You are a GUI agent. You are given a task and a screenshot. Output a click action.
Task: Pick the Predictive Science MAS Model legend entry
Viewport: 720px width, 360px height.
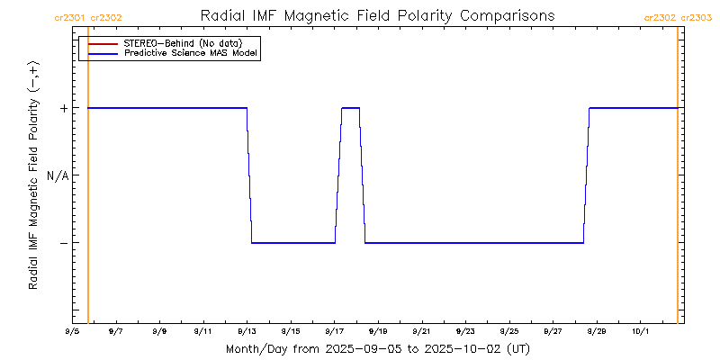(x=191, y=53)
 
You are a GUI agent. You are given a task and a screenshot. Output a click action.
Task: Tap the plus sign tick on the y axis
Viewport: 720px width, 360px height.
(x=63, y=108)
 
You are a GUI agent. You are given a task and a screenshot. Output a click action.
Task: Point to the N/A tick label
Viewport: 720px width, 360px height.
(x=58, y=175)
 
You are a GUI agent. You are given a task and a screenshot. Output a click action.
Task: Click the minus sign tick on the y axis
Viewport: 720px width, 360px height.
(x=63, y=243)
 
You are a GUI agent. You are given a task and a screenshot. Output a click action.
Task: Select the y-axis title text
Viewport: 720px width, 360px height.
(x=33, y=175)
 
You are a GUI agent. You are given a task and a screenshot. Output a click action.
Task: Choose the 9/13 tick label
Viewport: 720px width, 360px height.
(x=247, y=331)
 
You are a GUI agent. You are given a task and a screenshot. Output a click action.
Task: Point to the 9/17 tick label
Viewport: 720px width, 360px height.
(x=334, y=331)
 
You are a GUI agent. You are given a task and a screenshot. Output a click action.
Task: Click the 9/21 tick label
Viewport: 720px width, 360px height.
(x=421, y=331)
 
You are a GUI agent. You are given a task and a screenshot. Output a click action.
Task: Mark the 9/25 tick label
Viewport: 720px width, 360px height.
(x=508, y=331)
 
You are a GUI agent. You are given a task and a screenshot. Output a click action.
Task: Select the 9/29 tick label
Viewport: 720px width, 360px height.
(x=596, y=331)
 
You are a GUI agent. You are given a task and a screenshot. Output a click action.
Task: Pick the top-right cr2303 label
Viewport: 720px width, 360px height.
(x=697, y=16)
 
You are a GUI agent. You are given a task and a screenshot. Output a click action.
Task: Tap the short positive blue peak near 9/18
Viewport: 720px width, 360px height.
(x=350, y=108)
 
